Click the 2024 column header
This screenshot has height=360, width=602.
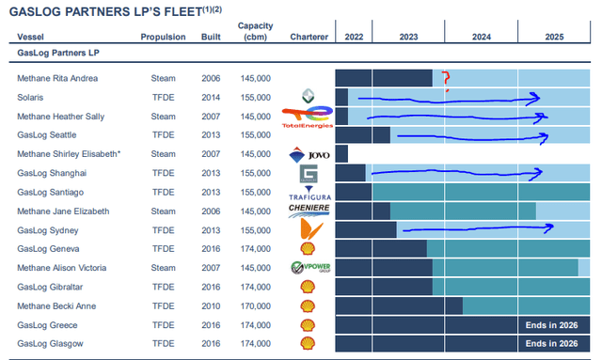pos(481,37)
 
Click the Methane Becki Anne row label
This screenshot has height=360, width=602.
pos(56,305)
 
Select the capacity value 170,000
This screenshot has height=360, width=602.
pos(256,305)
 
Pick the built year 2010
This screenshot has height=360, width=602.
pos(212,305)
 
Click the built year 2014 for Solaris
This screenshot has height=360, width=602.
pos(212,97)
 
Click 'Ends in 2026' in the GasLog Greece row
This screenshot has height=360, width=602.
pos(553,324)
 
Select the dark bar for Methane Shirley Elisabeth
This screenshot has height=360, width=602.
pos(341,153)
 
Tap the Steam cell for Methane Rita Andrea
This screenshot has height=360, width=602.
pos(164,78)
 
